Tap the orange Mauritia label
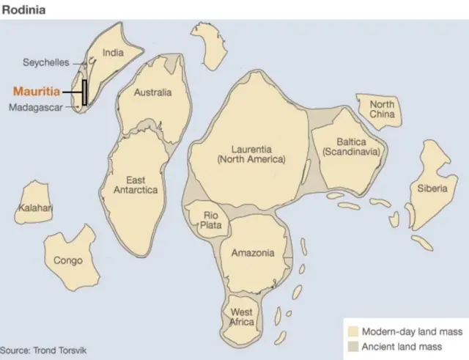pos(37,92)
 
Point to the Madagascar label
pos(41,108)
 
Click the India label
pos(113,52)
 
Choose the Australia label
pos(152,93)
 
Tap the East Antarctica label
pos(135,185)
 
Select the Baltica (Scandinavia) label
pos(352,147)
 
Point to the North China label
pos(381,109)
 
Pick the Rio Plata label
pos(210,220)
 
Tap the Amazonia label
pos(253,253)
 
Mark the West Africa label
pos(242,317)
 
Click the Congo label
pos(68,260)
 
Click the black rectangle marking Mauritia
pos(84,92)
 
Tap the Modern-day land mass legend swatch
pos(353,331)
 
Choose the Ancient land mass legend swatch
pos(353,345)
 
